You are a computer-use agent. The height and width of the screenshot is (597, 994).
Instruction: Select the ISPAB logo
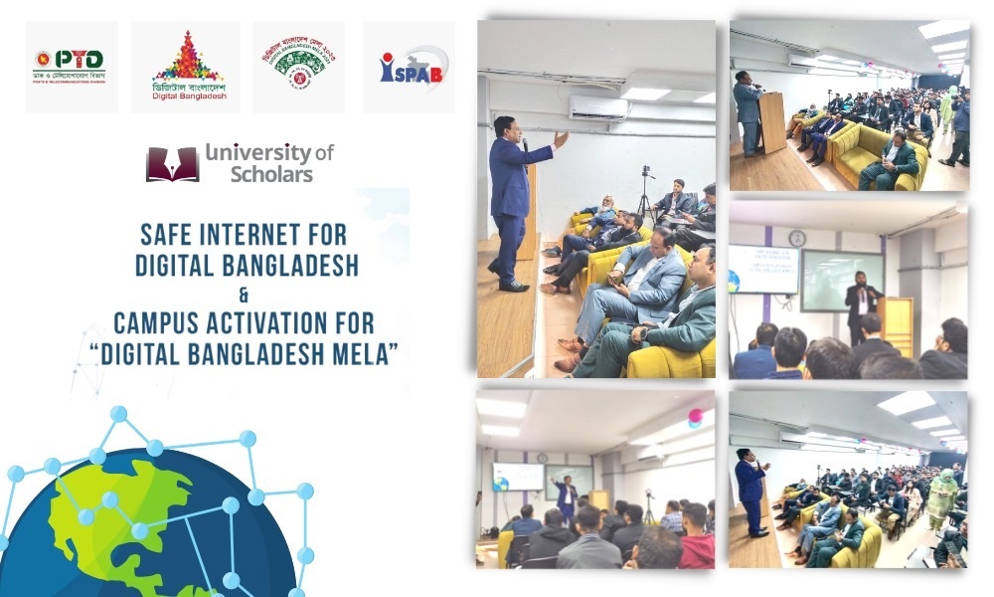click(x=413, y=66)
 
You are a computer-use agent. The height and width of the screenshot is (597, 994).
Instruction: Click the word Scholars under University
click(x=271, y=175)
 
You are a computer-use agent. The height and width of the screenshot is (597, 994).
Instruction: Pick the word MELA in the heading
click(x=366, y=352)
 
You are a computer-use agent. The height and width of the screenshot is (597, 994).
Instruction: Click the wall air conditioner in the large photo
click(x=598, y=106)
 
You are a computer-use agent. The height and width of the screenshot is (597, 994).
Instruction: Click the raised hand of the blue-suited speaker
click(x=561, y=138)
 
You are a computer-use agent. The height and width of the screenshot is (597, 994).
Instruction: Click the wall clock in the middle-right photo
click(x=797, y=239)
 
